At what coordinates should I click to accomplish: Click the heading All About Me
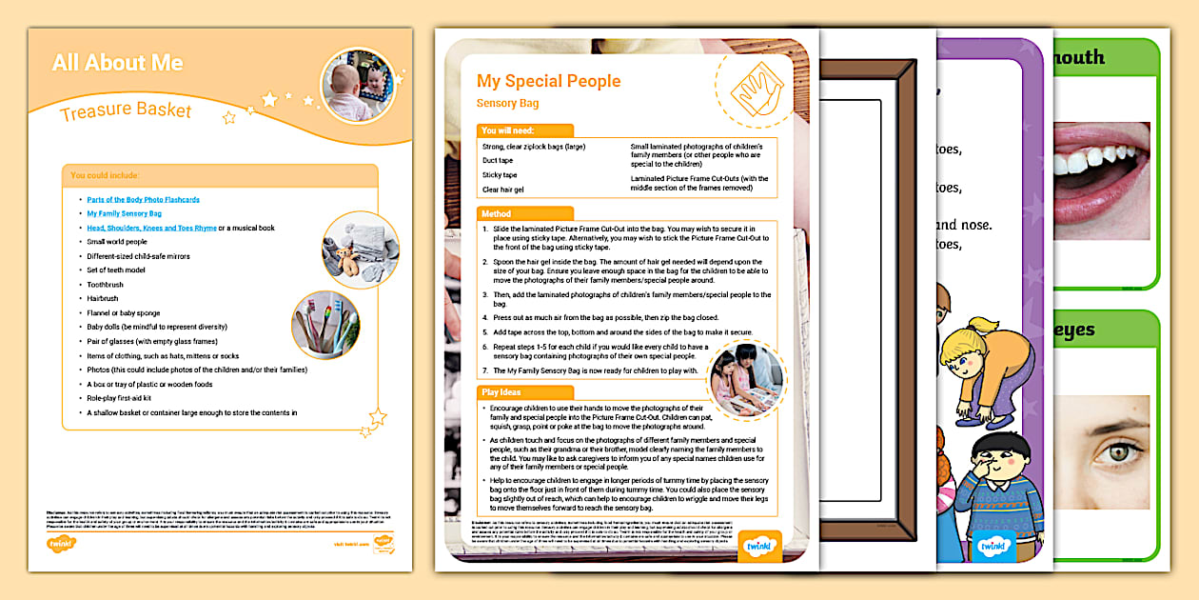(x=118, y=63)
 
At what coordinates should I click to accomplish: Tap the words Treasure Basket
(x=126, y=111)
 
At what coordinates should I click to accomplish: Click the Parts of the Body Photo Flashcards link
(x=143, y=199)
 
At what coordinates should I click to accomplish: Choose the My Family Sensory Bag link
(x=124, y=213)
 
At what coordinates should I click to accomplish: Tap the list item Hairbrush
(x=103, y=298)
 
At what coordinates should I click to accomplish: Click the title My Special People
(x=548, y=81)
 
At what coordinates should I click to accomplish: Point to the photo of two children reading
(x=748, y=378)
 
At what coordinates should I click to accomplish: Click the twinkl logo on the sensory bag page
(x=759, y=545)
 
